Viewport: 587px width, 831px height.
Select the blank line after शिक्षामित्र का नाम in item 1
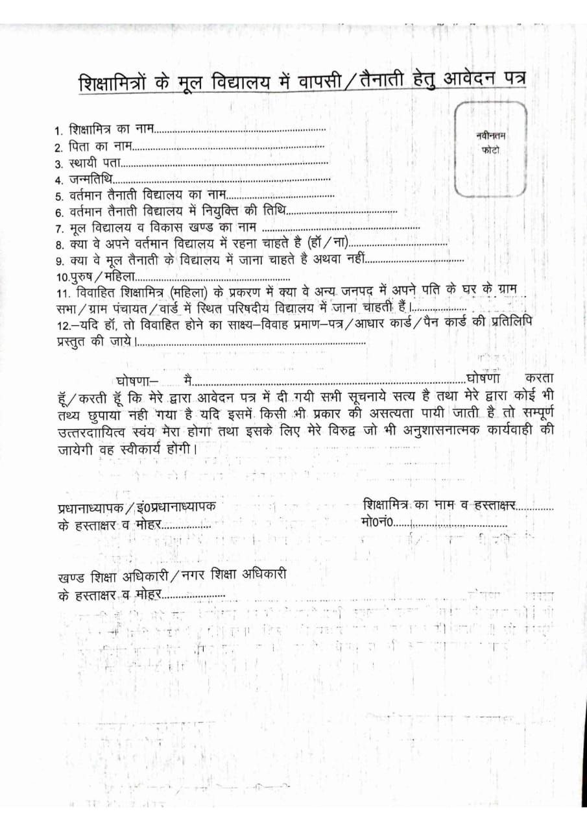click(x=240, y=130)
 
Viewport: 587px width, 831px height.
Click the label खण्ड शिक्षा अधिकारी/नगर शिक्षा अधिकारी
click(x=171, y=575)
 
